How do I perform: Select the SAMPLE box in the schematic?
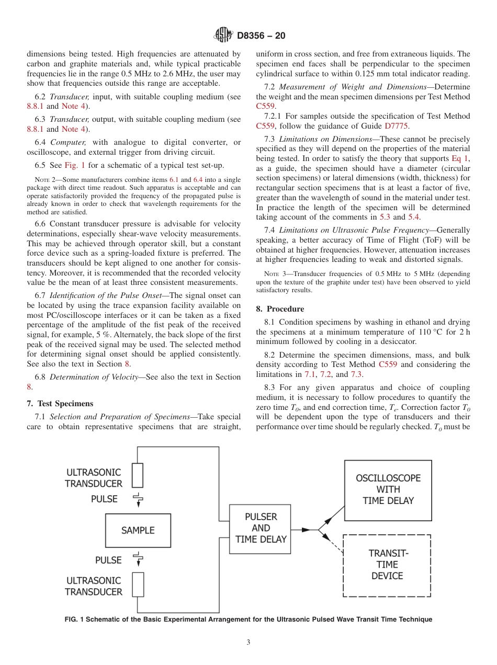138,530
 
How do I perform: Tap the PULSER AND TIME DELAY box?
261,528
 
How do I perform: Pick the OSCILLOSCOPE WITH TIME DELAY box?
388,490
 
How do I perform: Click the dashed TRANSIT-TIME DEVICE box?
387,565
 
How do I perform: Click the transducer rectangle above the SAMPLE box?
138,475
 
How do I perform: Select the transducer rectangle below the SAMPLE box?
138,584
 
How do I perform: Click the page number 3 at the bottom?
249,643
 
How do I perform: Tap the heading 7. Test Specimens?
60,404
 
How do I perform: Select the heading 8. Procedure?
280,309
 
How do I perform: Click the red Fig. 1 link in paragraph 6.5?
71,165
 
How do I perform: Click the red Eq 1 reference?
460,158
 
